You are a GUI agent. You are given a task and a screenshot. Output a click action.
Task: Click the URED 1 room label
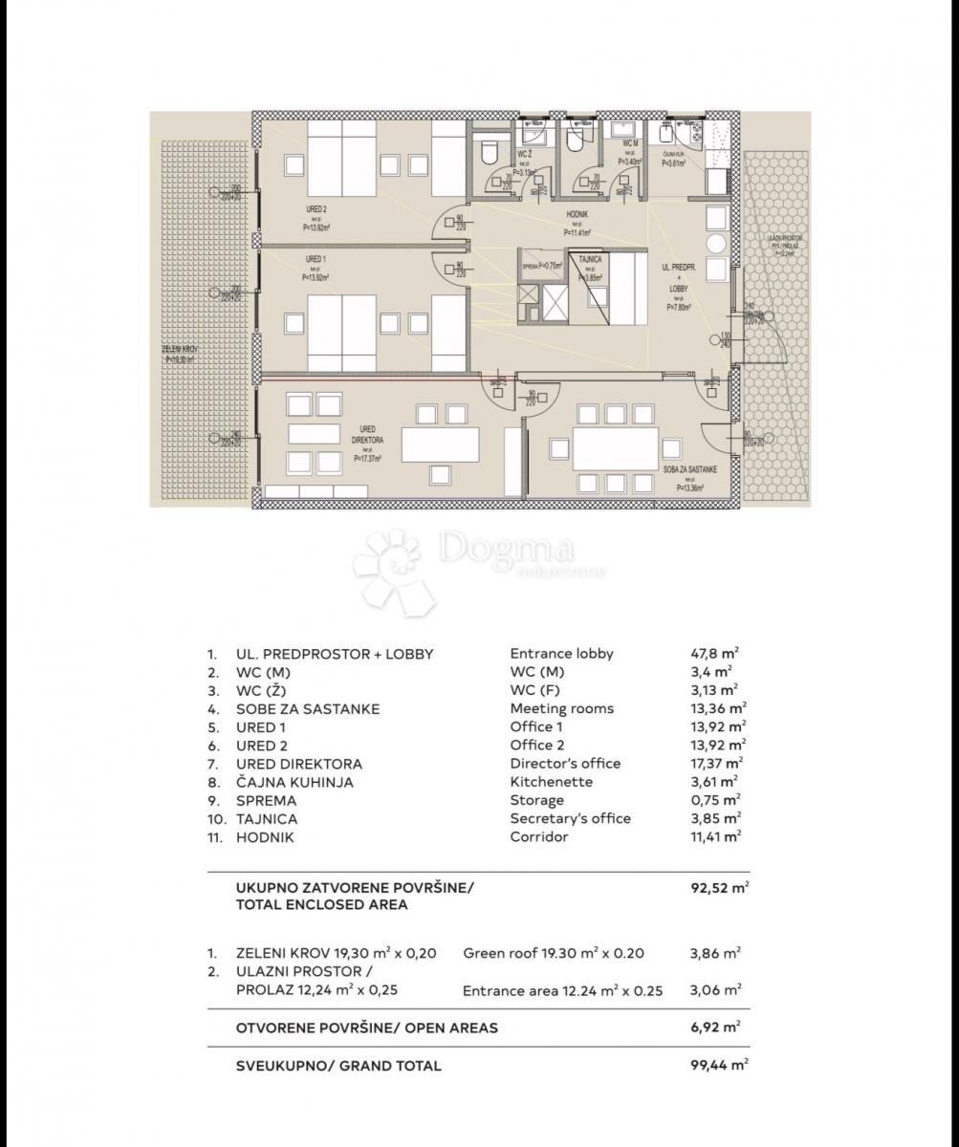pos(316,259)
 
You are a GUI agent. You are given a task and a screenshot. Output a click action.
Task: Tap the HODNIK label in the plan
pos(576,216)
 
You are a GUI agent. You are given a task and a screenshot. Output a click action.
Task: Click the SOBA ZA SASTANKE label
pos(683,470)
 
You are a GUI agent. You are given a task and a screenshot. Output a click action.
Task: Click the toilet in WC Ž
pos(487,150)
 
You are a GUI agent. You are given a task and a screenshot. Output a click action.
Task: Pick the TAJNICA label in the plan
pos(590,260)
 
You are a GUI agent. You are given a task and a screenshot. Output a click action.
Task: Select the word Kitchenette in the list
pos(551,782)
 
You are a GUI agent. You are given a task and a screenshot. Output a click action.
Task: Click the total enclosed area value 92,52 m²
pos(719,887)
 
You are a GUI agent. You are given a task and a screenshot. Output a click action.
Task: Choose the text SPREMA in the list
pos(266,801)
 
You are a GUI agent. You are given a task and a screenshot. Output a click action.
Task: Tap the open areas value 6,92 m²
pos(715,1028)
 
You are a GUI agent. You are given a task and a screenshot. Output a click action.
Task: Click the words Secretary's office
pos(570,819)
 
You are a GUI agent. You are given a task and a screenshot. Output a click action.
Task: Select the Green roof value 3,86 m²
pos(711,953)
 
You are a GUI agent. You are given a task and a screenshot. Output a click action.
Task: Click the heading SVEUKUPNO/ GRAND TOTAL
pos(338,1066)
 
